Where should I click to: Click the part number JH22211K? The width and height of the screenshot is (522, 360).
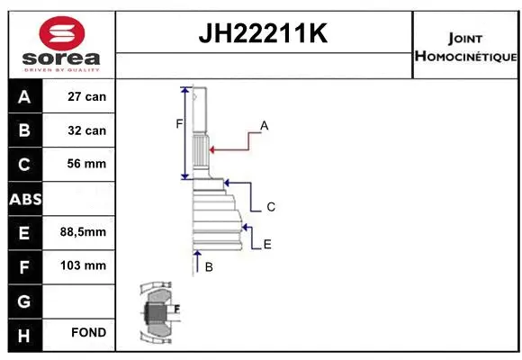click(x=264, y=34)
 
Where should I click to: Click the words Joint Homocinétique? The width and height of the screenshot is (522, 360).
click(x=465, y=48)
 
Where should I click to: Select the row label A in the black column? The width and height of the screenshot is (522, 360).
click(x=24, y=96)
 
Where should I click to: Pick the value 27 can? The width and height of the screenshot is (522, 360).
click(x=87, y=96)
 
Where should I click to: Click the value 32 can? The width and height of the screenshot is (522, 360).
click(x=87, y=130)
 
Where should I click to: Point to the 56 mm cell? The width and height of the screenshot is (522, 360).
click(x=87, y=164)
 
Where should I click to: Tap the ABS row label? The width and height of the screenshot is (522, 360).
click(x=24, y=198)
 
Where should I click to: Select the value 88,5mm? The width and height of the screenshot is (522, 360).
click(x=83, y=232)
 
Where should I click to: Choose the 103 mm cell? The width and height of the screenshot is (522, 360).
click(x=84, y=265)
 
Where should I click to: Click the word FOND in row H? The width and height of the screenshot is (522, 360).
click(x=88, y=333)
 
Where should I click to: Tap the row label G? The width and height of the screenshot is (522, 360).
click(x=24, y=300)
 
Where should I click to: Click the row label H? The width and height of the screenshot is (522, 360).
click(x=24, y=333)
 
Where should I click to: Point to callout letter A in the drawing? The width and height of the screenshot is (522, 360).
click(x=265, y=125)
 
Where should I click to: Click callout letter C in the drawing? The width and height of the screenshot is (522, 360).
click(x=270, y=207)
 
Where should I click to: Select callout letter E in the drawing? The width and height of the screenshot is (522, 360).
click(x=267, y=244)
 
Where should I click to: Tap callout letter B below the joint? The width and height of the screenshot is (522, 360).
click(x=209, y=267)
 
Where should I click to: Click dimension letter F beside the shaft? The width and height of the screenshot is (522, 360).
click(x=178, y=123)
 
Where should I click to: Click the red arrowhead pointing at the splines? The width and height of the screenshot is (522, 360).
click(x=211, y=148)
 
